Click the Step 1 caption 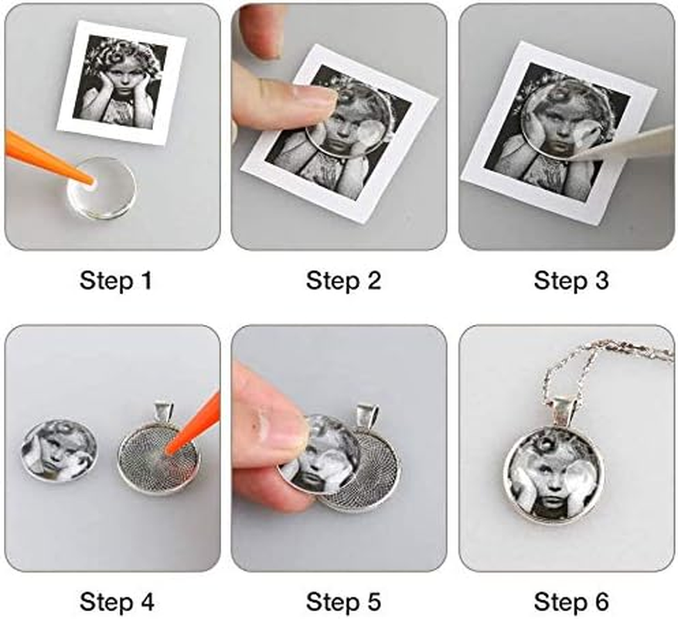[x=116, y=281]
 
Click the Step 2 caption [x=343, y=281]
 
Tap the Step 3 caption [x=571, y=281]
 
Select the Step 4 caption [x=117, y=602]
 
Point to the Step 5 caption [x=343, y=602]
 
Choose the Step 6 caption [x=571, y=602]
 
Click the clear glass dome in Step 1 [x=102, y=187]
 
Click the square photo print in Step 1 [x=121, y=83]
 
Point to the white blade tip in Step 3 [x=576, y=156]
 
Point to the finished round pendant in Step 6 [x=552, y=477]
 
